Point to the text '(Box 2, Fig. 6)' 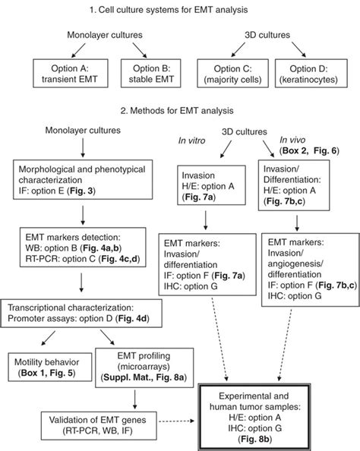tap(311, 150)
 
